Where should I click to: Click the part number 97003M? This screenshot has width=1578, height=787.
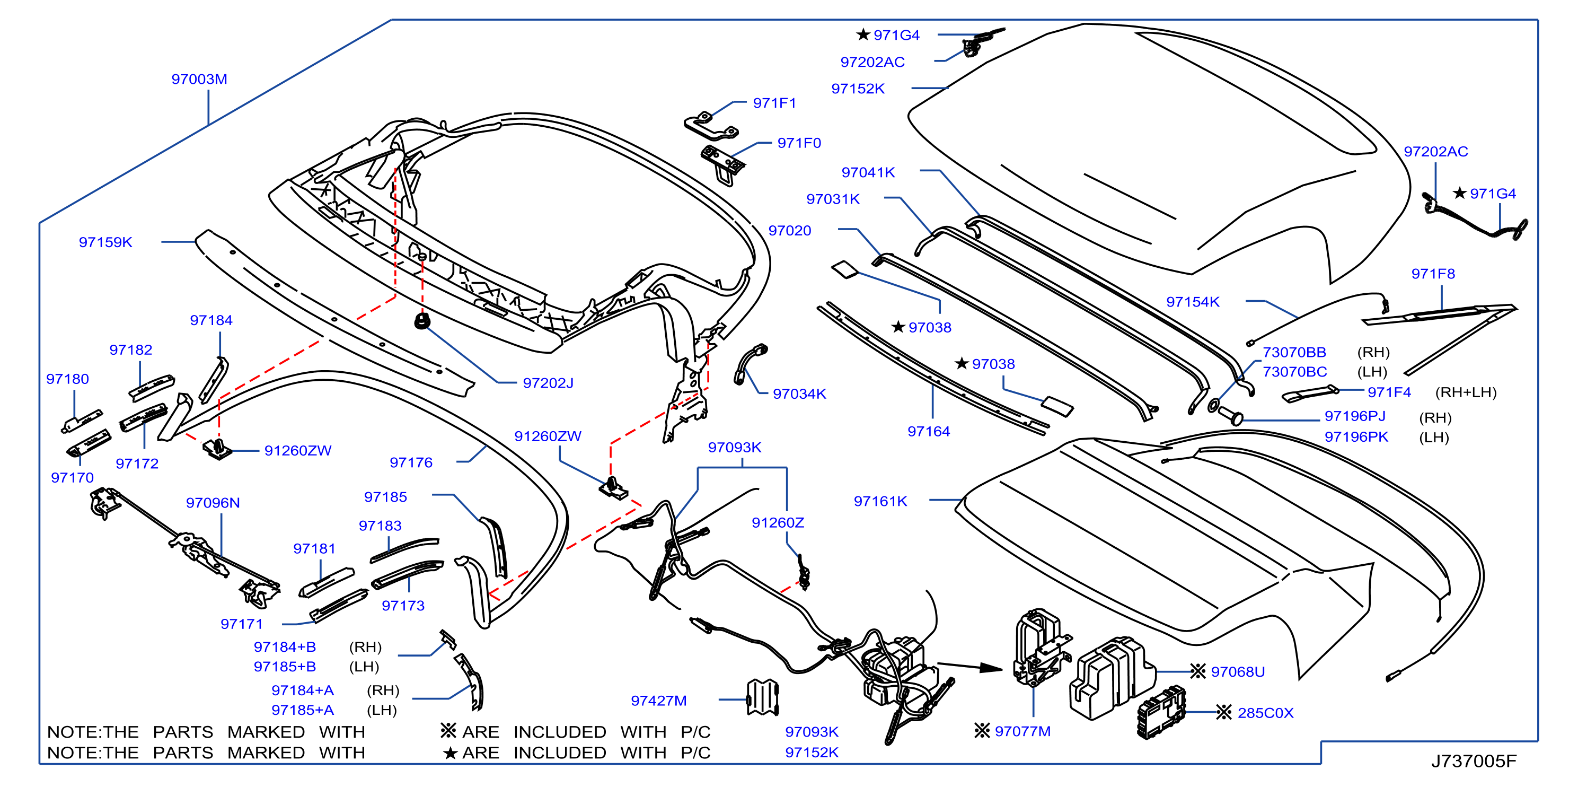(199, 79)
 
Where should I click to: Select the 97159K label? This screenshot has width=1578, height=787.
(105, 242)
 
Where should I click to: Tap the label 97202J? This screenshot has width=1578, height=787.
(548, 383)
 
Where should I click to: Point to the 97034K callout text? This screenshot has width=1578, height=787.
(799, 393)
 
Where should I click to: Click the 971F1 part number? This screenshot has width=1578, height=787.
(774, 103)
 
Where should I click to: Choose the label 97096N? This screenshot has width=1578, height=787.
(213, 503)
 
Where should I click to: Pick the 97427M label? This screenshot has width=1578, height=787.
(658, 701)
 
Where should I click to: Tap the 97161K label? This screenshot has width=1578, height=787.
(880, 501)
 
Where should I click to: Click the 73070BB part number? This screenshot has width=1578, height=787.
(1294, 353)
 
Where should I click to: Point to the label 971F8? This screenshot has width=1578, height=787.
(1433, 274)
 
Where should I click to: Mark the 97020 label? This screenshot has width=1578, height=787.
(790, 231)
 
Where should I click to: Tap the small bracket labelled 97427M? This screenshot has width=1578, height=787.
(763, 697)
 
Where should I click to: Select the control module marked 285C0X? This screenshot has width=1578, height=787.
(1161, 713)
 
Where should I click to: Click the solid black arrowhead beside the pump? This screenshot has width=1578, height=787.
(991, 668)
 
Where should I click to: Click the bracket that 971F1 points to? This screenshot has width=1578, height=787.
(711, 127)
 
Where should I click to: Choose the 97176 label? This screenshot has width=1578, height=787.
(411, 463)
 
